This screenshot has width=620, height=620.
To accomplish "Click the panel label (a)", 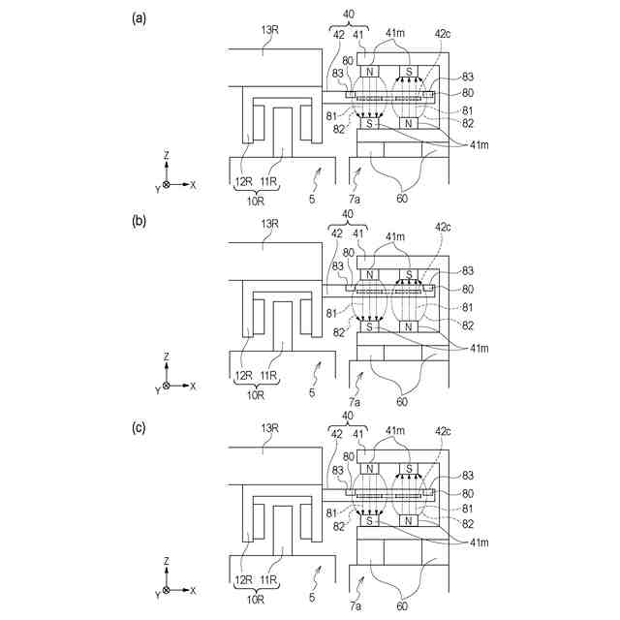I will pos(139,18).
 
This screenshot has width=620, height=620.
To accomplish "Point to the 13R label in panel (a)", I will pos(270,30).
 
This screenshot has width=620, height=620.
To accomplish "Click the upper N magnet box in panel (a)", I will pos(369,72).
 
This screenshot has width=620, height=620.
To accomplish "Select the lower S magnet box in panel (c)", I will pos(369,520).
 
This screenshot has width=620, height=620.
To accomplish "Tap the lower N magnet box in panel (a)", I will pos(409,124).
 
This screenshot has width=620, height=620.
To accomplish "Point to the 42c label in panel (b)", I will pos(443,225).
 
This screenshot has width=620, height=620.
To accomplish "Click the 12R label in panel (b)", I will pos(243,375).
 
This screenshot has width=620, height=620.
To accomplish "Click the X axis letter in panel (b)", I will pos(193,386).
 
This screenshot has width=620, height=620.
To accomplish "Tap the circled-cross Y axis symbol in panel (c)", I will pos(167,590).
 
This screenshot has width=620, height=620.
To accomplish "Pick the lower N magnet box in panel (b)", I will pos(409,327).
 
